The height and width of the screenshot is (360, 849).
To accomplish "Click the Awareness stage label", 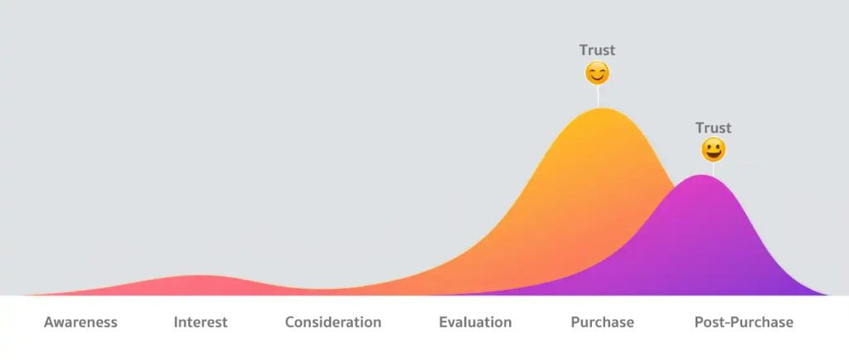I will (x=80, y=322).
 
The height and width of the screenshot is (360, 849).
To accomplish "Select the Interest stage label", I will (x=200, y=322).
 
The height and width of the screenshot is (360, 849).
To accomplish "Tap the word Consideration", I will (x=332, y=322).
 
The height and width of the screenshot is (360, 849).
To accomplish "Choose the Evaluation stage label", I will (x=475, y=322).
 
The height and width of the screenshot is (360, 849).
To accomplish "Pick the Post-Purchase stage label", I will (x=743, y=322).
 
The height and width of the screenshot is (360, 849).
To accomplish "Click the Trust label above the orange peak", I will (x=597, y=50).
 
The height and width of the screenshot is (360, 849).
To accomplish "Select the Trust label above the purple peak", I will (x=713, y=128).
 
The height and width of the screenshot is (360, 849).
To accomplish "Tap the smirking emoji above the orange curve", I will (x=597, y=74).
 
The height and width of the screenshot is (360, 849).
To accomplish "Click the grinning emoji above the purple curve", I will (x=713, y=150).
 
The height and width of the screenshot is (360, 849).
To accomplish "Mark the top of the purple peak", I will (x=703, y=175).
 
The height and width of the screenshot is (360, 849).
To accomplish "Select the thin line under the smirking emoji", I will (x=598, y=96).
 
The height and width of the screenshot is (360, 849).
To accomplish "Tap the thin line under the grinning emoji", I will (x=713, y=169).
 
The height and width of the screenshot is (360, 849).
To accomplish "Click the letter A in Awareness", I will (x=49, y=322).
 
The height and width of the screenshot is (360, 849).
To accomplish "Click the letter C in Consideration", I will (x=290, y=322).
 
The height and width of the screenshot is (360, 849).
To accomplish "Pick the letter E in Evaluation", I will (x=444, y=322).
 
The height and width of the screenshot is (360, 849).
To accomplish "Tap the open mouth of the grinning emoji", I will (x=713, y=155).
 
